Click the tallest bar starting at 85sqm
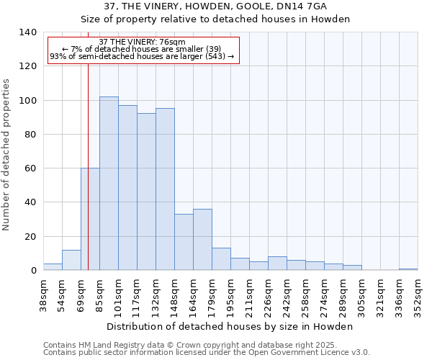point(109,183)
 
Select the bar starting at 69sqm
point(90,219)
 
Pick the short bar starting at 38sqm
point(53,266)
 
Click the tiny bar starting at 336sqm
point(408,269)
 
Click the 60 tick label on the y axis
point(30,168)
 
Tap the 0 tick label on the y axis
point(33,271)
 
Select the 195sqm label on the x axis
point(231,296)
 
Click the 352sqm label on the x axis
point(418,296)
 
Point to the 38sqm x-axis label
point(44,296)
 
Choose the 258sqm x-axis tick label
point(306,296)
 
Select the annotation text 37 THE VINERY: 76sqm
point(142,42)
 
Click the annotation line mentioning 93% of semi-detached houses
point(142,56)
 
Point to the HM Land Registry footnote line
point(205,345)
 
